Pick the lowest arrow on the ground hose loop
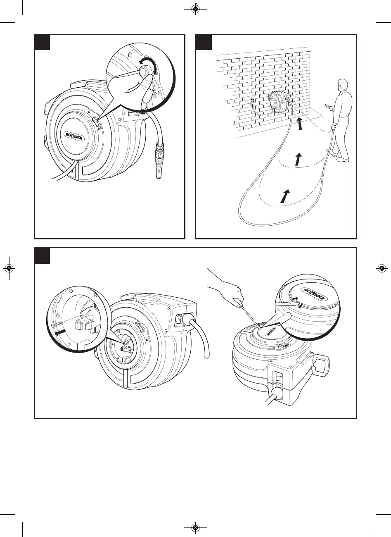(285, 196)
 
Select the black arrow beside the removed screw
(60, 332)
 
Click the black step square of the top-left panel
(42, 42)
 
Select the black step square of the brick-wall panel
(204, 42)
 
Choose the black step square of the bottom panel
(42, 255)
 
